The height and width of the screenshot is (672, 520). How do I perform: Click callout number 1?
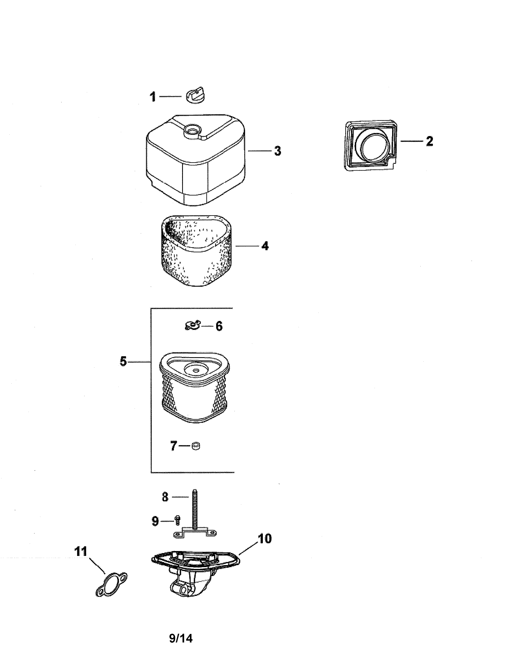click(x=153, y=97)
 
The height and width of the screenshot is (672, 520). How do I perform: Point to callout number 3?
click(x=278, y=151)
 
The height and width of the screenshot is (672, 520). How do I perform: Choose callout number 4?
click(x=265, y=246)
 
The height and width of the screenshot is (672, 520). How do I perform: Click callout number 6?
click(x=219, y=326)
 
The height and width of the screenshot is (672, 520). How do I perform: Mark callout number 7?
click(x=174, y=446)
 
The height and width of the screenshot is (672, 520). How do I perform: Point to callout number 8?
click(x=165, y=497)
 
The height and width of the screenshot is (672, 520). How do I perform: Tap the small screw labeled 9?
click(x=177, y=520)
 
